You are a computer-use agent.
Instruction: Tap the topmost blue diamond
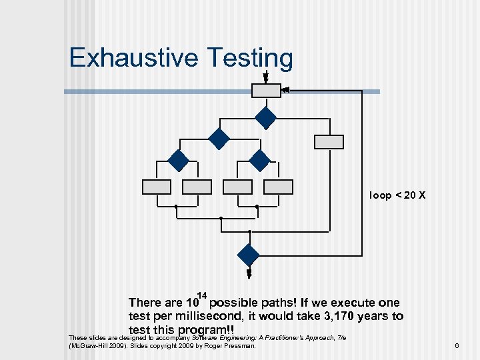click(265, 118)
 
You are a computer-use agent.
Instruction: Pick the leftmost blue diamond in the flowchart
click(178, 161)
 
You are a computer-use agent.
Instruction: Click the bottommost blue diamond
click(249, 255)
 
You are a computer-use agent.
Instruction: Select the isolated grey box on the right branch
click(329, 142)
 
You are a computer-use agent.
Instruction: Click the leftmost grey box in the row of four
click(156, 187)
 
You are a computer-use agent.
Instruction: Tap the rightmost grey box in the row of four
click(278, 187)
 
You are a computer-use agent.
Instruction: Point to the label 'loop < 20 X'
click(397, 195)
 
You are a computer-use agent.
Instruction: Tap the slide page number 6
click(457, 345)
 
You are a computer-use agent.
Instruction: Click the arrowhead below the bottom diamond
click(249, 273)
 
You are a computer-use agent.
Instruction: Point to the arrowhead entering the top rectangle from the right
click(285, 89)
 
